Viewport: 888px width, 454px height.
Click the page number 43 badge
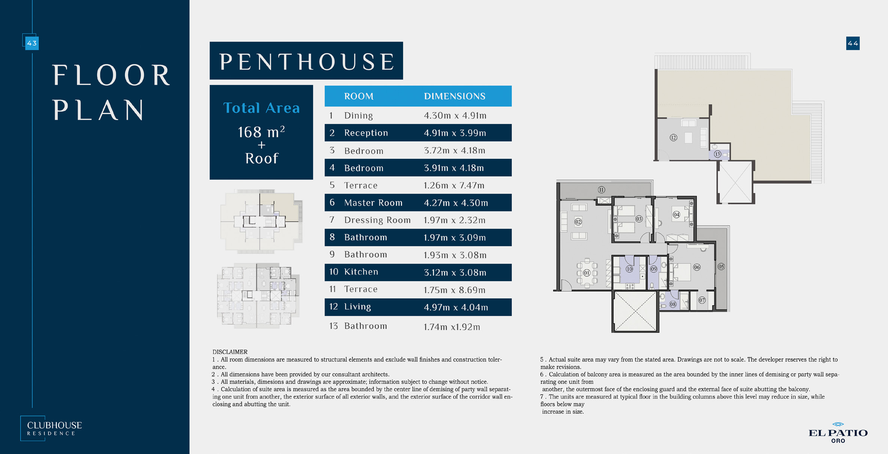click(32, 43)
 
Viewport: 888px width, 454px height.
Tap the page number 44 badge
click(853, 43)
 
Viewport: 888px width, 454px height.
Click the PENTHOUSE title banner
click(306, 61)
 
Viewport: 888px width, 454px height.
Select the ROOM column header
click(359, 96)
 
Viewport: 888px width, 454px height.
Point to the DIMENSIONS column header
click(455, 96)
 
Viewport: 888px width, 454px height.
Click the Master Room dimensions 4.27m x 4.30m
click(456, 203)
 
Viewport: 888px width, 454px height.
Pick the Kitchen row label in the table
click(361, 272)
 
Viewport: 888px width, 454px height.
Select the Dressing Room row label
click(378, 220)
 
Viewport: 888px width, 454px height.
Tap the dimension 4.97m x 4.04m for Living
click(456, 307)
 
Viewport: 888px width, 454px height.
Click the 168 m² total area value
click(261, 132)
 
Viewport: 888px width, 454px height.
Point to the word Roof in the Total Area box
click(262, 158)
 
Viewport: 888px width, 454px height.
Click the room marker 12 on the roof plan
click(673, 138)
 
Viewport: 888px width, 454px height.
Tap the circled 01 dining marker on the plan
click(587, 273)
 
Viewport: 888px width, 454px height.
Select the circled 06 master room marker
click(697, 267)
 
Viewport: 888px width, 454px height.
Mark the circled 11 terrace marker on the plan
click(601, 190)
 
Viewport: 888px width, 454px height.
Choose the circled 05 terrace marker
click(721, 267)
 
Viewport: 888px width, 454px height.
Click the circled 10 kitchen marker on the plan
click(629, 269)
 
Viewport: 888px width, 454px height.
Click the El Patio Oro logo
click(838, 432)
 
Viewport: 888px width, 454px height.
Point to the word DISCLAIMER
click(230, 352)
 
